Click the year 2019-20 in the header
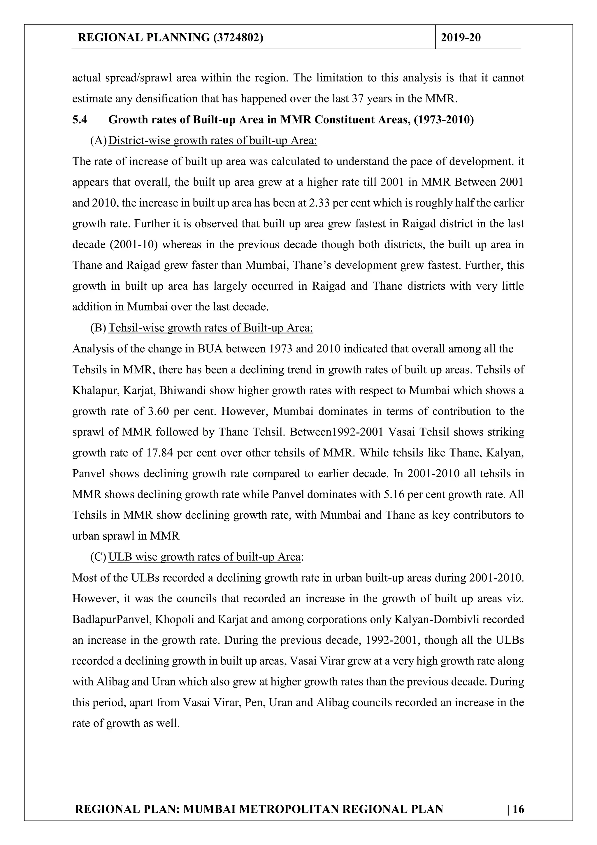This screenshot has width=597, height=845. click(x=461, y=38)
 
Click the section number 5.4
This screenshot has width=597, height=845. click(x=80, y=120)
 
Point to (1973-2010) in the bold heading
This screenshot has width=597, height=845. click(x=444, y=120)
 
